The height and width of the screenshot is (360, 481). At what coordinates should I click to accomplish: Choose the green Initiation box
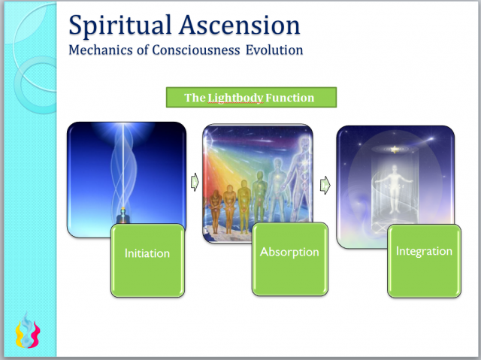(x=147, y=253)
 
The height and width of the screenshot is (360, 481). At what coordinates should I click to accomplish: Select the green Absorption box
(x=289, y=252)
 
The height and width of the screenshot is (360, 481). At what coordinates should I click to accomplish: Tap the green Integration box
(x=424, y=251)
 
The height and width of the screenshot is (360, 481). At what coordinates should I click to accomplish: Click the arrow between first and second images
(x=194, y=182)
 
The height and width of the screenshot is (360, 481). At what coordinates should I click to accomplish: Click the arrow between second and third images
(x=325, y=183)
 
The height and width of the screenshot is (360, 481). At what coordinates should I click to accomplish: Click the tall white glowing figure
(x=300, y=173)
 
